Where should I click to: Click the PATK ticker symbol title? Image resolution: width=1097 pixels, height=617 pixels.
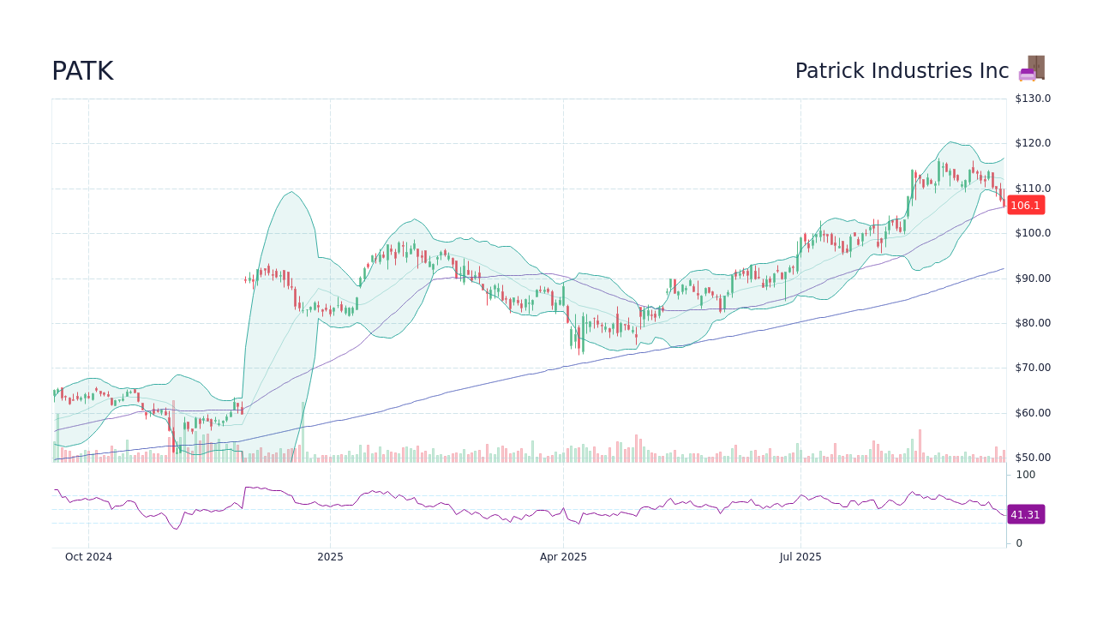point(82,72)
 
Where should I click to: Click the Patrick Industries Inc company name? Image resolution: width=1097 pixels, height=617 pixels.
point(902,71)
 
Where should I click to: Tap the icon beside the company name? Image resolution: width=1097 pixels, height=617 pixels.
point(1032,69)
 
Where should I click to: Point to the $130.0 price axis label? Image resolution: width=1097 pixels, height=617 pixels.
point(1033,99)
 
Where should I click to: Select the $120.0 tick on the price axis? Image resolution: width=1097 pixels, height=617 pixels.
point(1033,143)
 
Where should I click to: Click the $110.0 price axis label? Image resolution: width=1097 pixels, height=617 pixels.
point(1033,189)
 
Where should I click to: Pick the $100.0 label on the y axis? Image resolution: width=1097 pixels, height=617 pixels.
point(1033,233)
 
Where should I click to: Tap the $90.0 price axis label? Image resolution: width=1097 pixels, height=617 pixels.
point(1033,279)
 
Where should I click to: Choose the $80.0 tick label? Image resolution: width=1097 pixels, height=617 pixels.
point(1033,323)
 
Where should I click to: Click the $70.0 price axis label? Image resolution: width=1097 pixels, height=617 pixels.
point(1033,368)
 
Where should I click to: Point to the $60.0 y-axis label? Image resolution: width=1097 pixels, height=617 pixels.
point(1033,413)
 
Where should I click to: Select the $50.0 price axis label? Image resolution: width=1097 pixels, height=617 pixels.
point(1033,458)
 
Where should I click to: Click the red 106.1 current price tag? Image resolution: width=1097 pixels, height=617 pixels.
point(1025,206)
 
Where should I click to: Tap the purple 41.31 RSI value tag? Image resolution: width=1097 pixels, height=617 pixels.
point(1025,515)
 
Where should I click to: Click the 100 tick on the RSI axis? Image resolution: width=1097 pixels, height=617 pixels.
point(1026,475)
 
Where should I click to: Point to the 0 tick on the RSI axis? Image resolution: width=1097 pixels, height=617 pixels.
point(1019,543)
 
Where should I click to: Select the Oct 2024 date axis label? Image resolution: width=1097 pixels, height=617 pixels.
point(89,557)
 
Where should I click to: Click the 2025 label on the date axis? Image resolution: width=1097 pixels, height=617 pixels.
point(330,557)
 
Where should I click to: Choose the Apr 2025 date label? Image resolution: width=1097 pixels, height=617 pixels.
point(563,557)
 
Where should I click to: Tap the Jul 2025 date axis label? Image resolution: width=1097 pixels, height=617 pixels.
point(800,557)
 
